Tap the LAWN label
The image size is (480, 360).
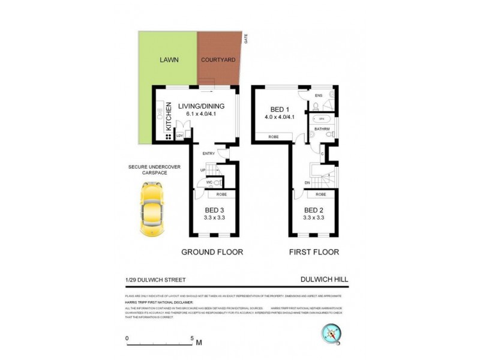pyautogui.click(x=167, y=61)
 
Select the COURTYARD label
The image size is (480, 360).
pyautogui.click(x=218, y=61)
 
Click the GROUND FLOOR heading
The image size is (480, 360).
pyautogui.click(x=212, y=253)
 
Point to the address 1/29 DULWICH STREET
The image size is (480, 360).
pyautogui.click(x=155, y=279)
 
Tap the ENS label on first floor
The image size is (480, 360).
pyautogui.click(x=319, y=95)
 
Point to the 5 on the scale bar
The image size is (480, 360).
pyautogui.click(x=192, y=338)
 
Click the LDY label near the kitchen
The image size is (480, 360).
pyautogui.click(x=179, y=136)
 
